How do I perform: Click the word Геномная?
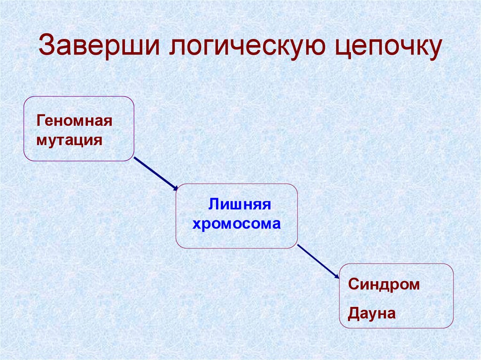click(x=75, y=121)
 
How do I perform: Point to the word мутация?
click(x=69, y=140)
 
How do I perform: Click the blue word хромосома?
click(x=236, y=223)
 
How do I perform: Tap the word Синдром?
click(x=384, y=284)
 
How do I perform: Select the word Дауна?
click(x=372, y=313)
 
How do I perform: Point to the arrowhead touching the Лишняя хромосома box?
click(x=175, y=188)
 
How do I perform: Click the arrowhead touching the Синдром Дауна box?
click(x=337, y=277)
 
